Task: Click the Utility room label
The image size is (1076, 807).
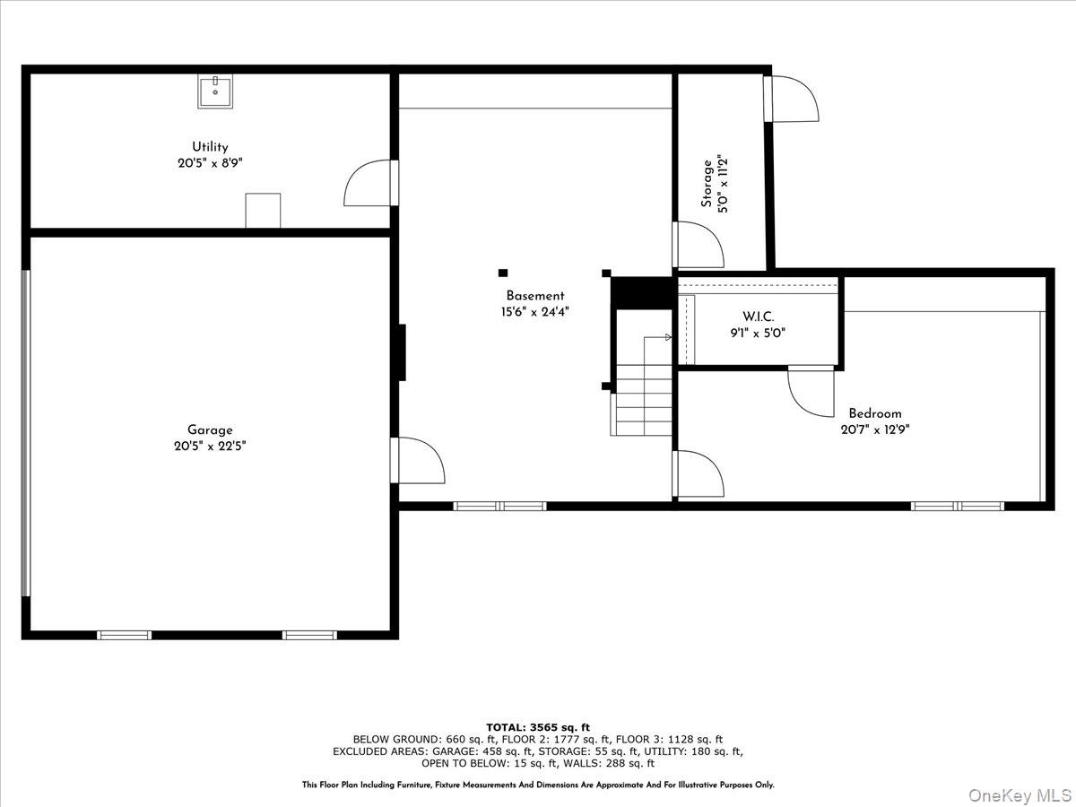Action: [210, 147]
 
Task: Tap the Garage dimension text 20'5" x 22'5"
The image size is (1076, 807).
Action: [210, 447]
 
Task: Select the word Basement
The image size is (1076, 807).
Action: [534, 296]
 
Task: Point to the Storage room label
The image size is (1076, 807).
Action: [707, 184]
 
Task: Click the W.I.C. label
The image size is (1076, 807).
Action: [758, 317]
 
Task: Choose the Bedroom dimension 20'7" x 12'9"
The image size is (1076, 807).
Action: [875, 430]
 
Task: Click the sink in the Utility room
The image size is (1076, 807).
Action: [215, 91]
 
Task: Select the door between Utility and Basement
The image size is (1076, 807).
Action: [371, 183]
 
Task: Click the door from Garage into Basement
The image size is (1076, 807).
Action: [418, 461]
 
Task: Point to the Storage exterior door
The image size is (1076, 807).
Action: [791, 99]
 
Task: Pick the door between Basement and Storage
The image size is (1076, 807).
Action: [698, 245]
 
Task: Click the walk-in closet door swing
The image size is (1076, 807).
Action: [811, 391]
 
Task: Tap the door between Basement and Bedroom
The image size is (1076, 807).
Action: [698, 473]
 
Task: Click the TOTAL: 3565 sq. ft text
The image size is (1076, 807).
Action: [538, 727]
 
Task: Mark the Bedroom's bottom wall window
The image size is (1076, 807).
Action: [958, 506]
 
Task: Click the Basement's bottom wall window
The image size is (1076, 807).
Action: [499, 506]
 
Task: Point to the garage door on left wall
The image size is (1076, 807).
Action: [26, 433]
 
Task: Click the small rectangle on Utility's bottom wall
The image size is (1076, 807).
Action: [263, 211]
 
